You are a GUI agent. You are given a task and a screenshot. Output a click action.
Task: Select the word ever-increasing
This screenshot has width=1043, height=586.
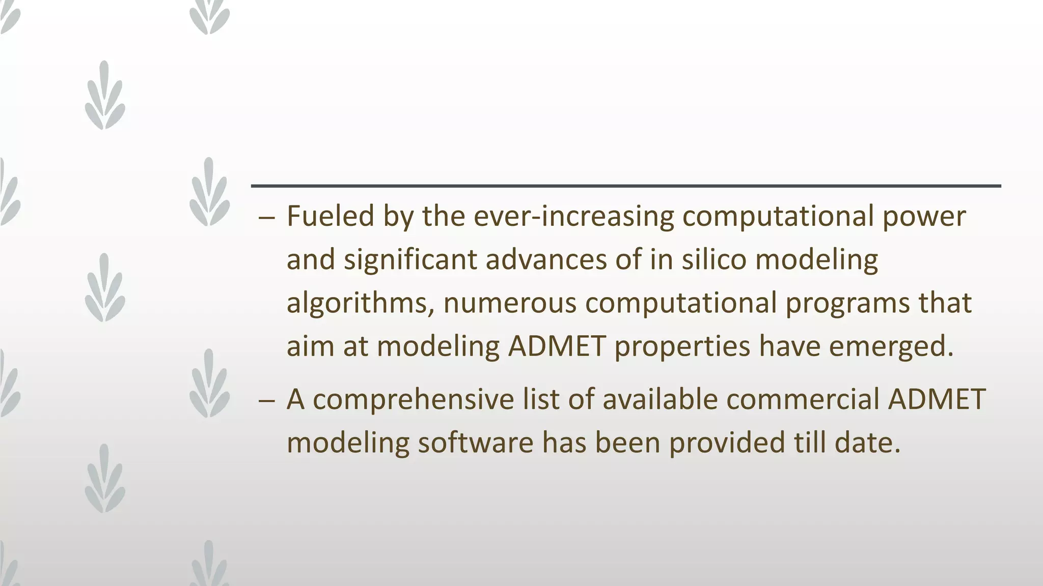coord(573,216)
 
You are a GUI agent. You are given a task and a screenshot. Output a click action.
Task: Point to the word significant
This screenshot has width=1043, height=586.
coord(410,260)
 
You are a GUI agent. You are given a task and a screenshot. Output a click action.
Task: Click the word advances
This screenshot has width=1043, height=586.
coord(546,259)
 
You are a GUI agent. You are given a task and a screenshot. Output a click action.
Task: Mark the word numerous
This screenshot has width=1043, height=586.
coord(510,303)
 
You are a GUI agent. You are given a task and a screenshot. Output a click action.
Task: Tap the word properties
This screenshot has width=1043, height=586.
coord(682,347)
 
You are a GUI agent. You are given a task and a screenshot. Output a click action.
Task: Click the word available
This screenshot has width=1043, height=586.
coord(660,399)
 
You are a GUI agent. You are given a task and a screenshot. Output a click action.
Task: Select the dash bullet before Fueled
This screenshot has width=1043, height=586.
coord(266,217)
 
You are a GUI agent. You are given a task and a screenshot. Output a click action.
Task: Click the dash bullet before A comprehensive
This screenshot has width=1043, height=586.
coord(266,400)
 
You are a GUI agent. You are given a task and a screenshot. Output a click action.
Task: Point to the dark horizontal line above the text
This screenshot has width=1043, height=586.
coord(625,186)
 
